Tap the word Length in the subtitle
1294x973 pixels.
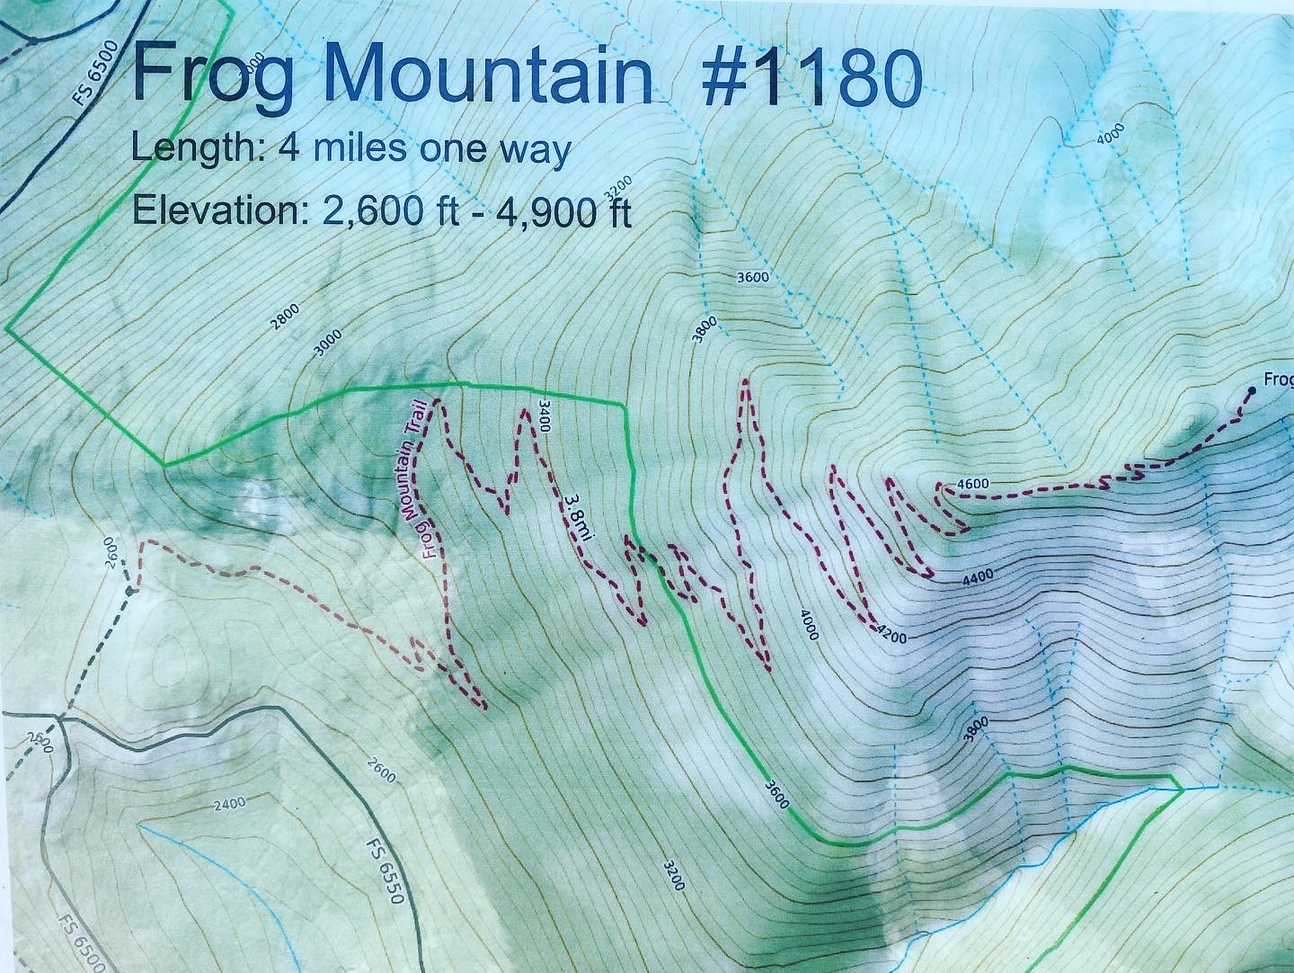click(190, 149)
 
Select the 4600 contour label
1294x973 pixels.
click(973, 484)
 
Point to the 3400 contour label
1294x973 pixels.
click(542, 415)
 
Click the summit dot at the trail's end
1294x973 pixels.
click(1251, 390)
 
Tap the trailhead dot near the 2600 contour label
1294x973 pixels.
click(131, 591)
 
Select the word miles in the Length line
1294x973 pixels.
click(350, 149)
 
